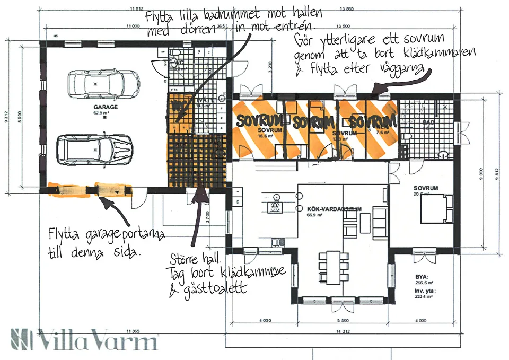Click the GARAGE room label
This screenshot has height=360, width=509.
coord(106,107)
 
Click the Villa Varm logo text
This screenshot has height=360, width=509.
coord(85,339)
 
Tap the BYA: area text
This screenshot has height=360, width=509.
coord(422,276)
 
